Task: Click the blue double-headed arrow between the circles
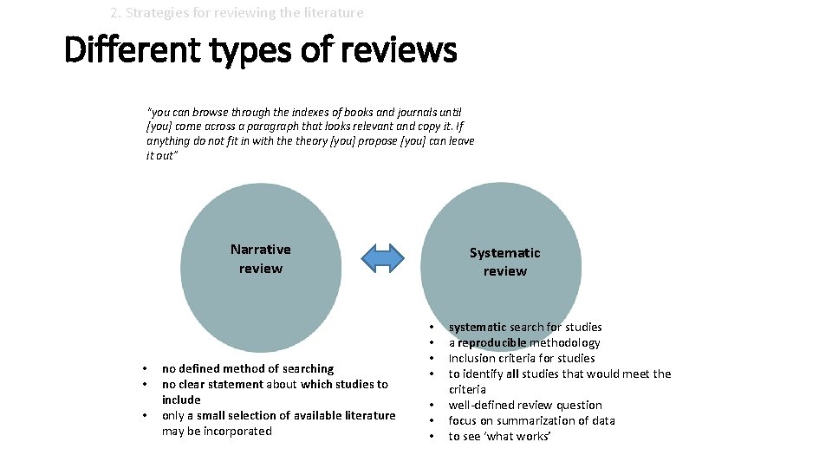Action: click(382, 257)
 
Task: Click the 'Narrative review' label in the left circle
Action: click(261, 258)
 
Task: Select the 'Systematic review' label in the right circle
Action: click(504, 262)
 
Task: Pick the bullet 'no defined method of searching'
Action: click(248, 368)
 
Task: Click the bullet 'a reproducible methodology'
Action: click(524, 342)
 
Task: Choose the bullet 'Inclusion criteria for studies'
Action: click(522, 358)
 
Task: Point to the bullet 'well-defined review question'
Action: click(525, 405)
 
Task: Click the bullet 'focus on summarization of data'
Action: click(531, 420)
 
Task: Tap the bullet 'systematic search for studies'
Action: click(525, 327)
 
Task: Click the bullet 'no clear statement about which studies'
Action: click(275, 384)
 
